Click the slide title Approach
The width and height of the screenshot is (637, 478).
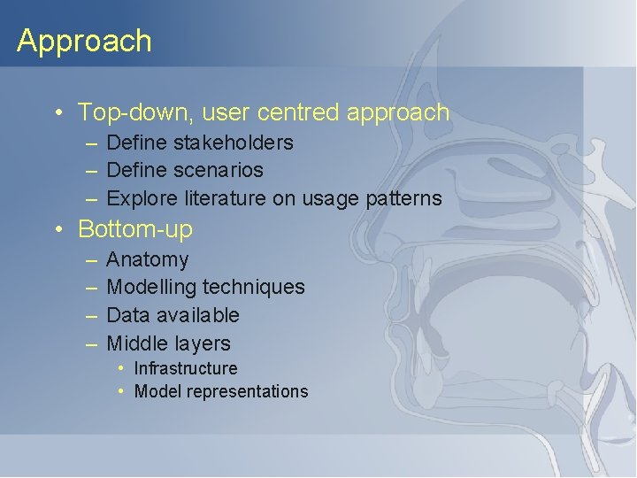[84, 41]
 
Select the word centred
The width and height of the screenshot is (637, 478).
[298, 112]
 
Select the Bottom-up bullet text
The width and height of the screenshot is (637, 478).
[134, 228]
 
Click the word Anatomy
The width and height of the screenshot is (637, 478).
[147, 259]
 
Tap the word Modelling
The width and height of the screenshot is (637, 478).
[151, 287]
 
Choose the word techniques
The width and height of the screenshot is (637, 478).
[254, 287]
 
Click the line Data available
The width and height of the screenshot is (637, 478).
[173, 315]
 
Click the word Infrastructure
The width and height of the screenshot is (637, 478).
[186, 368]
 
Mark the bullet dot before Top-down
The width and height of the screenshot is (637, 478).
[58, 113]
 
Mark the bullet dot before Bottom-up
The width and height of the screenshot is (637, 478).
[58, 229]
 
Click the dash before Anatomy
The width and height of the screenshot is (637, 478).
[93, 260]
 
